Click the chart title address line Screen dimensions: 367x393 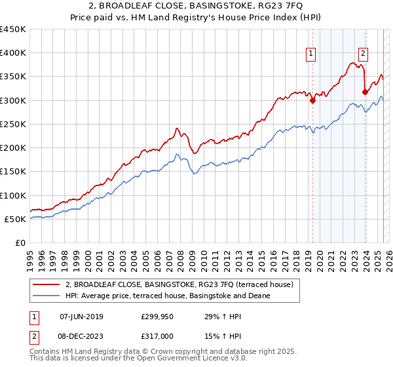pos(196,7)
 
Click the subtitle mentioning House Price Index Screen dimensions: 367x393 pos(196,18)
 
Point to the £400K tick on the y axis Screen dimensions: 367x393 pos(13,53)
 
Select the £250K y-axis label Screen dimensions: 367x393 pos(13,124)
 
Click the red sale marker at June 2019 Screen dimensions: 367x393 pos(312,100)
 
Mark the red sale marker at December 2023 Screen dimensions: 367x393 pos(365,92)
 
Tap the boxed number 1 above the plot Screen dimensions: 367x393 pos(310,54)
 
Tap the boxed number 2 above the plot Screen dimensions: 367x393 pos(363,54)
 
